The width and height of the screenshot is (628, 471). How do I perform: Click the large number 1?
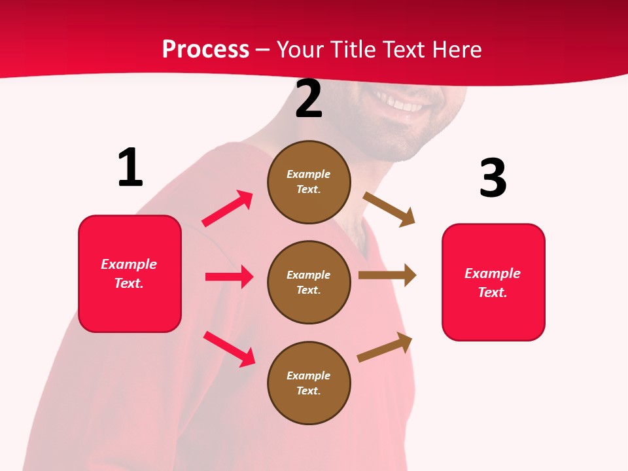[130, 167]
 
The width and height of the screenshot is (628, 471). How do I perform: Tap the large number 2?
[309, 99]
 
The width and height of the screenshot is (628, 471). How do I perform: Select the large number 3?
[493, 178]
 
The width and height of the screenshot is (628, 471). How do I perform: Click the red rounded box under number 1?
[130, 273]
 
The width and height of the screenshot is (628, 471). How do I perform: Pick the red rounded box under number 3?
[493, 282]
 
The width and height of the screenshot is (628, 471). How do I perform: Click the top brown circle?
[309, 182]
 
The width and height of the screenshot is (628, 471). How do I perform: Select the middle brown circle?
[309, 282]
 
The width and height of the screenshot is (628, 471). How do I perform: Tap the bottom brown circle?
[309, 383]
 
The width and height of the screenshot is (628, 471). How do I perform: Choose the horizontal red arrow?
[229, 277]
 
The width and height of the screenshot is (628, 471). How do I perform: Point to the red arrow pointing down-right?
[230, 349]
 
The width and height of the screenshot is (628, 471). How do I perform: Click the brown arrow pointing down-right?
[389, 209]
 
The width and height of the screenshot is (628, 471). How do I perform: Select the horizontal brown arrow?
[387, 275]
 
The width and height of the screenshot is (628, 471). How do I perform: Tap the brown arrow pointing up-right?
[385, 347]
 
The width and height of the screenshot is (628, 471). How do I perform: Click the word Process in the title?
[205, 49]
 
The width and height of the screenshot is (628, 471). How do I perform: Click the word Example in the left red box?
[129, 264]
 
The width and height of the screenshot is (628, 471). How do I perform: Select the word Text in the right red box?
[492, 292]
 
